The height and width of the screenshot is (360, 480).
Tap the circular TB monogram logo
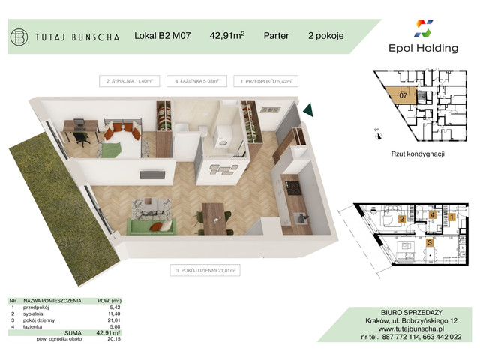[x=19, y=36]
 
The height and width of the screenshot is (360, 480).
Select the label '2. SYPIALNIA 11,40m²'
[x=130, y=79]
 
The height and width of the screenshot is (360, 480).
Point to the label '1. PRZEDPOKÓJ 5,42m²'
[x=265, y=79]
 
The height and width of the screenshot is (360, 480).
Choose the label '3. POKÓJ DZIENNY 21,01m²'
[x=204, y=268]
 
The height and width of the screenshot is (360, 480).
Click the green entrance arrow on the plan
[x=307, y=111]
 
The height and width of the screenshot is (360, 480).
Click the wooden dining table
[x=214, y=217]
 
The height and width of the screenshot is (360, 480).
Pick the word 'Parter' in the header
[x=277, y=34]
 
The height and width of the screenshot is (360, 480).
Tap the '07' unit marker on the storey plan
[x=403, y=95]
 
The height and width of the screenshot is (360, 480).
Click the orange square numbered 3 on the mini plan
[x=430, y=242]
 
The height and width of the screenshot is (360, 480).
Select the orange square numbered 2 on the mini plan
[x=402, y=220]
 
